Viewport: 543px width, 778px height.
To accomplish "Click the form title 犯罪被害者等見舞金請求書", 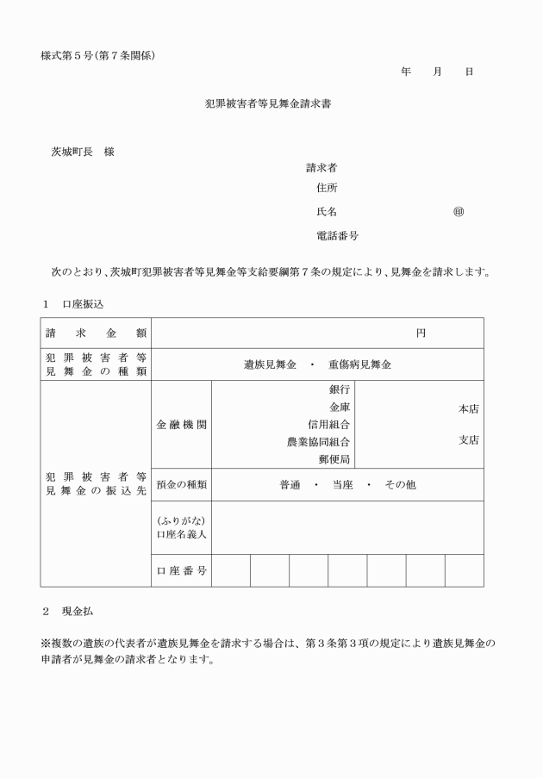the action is [268, 103].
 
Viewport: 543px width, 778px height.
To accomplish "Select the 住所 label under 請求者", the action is [327, 188].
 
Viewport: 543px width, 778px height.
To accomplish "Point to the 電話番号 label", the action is [338, 235].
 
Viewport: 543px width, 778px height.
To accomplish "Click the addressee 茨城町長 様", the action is [83, 152].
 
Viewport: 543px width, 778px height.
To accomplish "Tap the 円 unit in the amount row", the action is [421, 333].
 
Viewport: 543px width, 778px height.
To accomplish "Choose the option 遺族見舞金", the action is [270, 364].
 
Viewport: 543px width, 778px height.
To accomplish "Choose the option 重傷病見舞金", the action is [359, 364].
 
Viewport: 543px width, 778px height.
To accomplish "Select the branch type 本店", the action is [468, 409].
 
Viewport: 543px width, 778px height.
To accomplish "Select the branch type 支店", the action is [468, 440].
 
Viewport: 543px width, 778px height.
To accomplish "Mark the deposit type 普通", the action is [290, 485].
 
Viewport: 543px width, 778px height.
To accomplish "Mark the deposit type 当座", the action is [342, 485].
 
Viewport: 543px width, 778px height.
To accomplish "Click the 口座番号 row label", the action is [181, 570].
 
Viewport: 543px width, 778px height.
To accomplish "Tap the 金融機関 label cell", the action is [181, 425].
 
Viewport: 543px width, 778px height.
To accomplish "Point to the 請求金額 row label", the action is [96, 333].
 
